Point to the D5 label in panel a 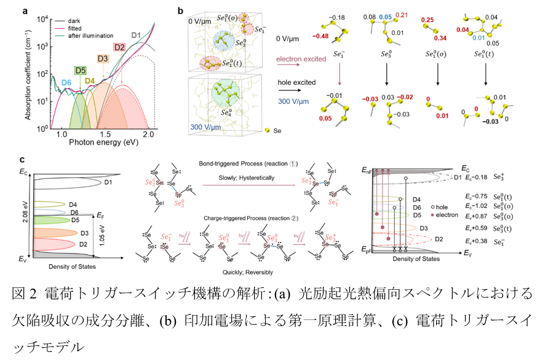coord(80,70)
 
